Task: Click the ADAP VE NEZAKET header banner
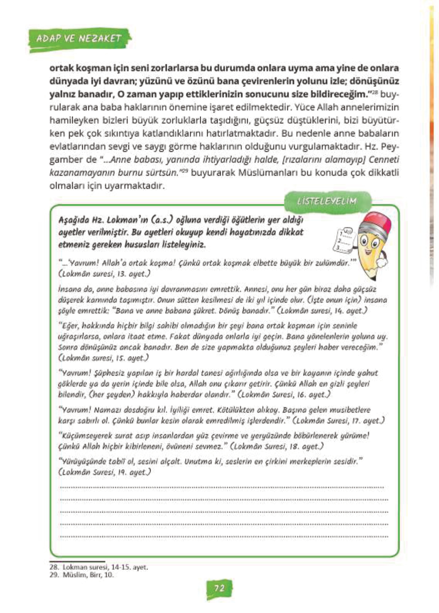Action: [x=79, y=38]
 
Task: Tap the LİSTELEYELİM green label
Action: [x=327, y=202]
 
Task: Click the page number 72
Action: [x=219, y=588]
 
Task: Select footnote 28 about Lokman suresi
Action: [x=99, y=567]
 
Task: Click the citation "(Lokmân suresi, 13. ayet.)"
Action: [x=104, y=274]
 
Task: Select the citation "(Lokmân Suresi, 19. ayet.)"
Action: [x=104, y=472]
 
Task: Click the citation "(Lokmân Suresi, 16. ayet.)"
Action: [x=284, y=394]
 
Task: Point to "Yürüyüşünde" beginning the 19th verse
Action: [x=80, y=461]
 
